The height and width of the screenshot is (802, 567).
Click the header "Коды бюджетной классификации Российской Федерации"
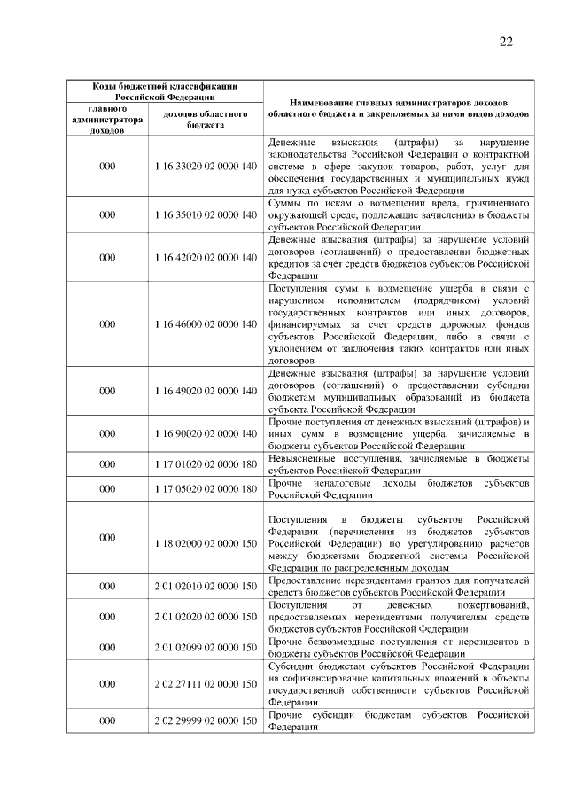166,91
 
